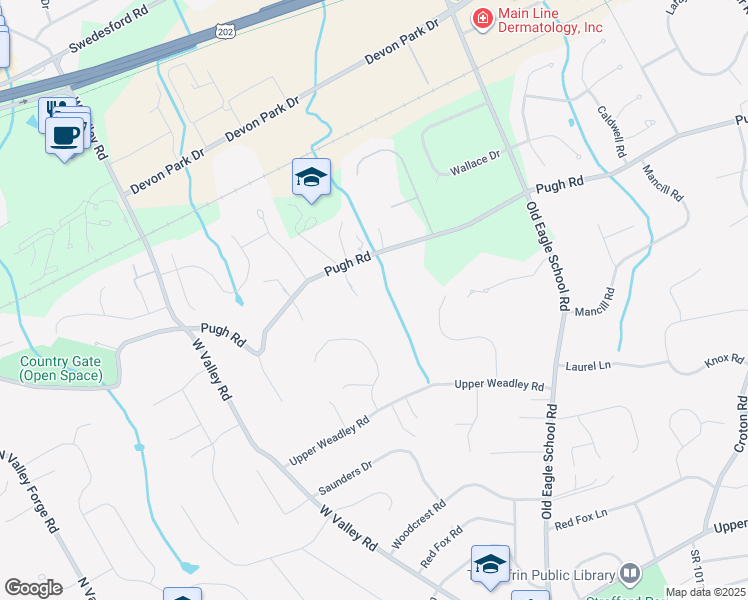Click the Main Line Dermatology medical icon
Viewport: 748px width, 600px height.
(482, 18)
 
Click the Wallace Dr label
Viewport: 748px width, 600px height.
(472, 159)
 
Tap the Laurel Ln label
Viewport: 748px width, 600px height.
(587, 367)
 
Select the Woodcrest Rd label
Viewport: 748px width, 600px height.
(418, 525)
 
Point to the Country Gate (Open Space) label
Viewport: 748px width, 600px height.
(60, 369)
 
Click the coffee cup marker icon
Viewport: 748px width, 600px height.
(65, 135)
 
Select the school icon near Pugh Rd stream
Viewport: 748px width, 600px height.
(311, 178)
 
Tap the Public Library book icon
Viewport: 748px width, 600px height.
(630, 574)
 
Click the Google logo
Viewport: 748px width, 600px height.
(33, 588)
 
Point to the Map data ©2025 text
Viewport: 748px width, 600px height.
(704, 592)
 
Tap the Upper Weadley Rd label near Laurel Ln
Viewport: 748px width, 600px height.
(499, 385)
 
